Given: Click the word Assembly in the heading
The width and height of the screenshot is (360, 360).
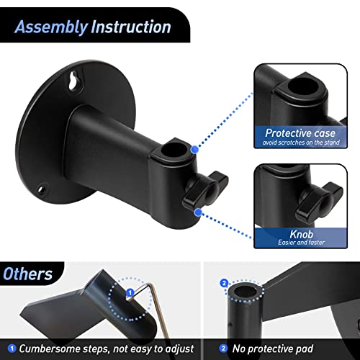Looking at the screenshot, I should (47, 28).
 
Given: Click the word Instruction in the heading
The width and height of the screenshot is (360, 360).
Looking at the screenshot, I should (130, 28).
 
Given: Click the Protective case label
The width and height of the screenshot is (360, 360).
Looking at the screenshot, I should (299, 133).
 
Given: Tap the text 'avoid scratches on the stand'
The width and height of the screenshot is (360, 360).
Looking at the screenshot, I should (299, 143).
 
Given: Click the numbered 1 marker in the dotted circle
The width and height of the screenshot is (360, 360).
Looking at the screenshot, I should (130, 293).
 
